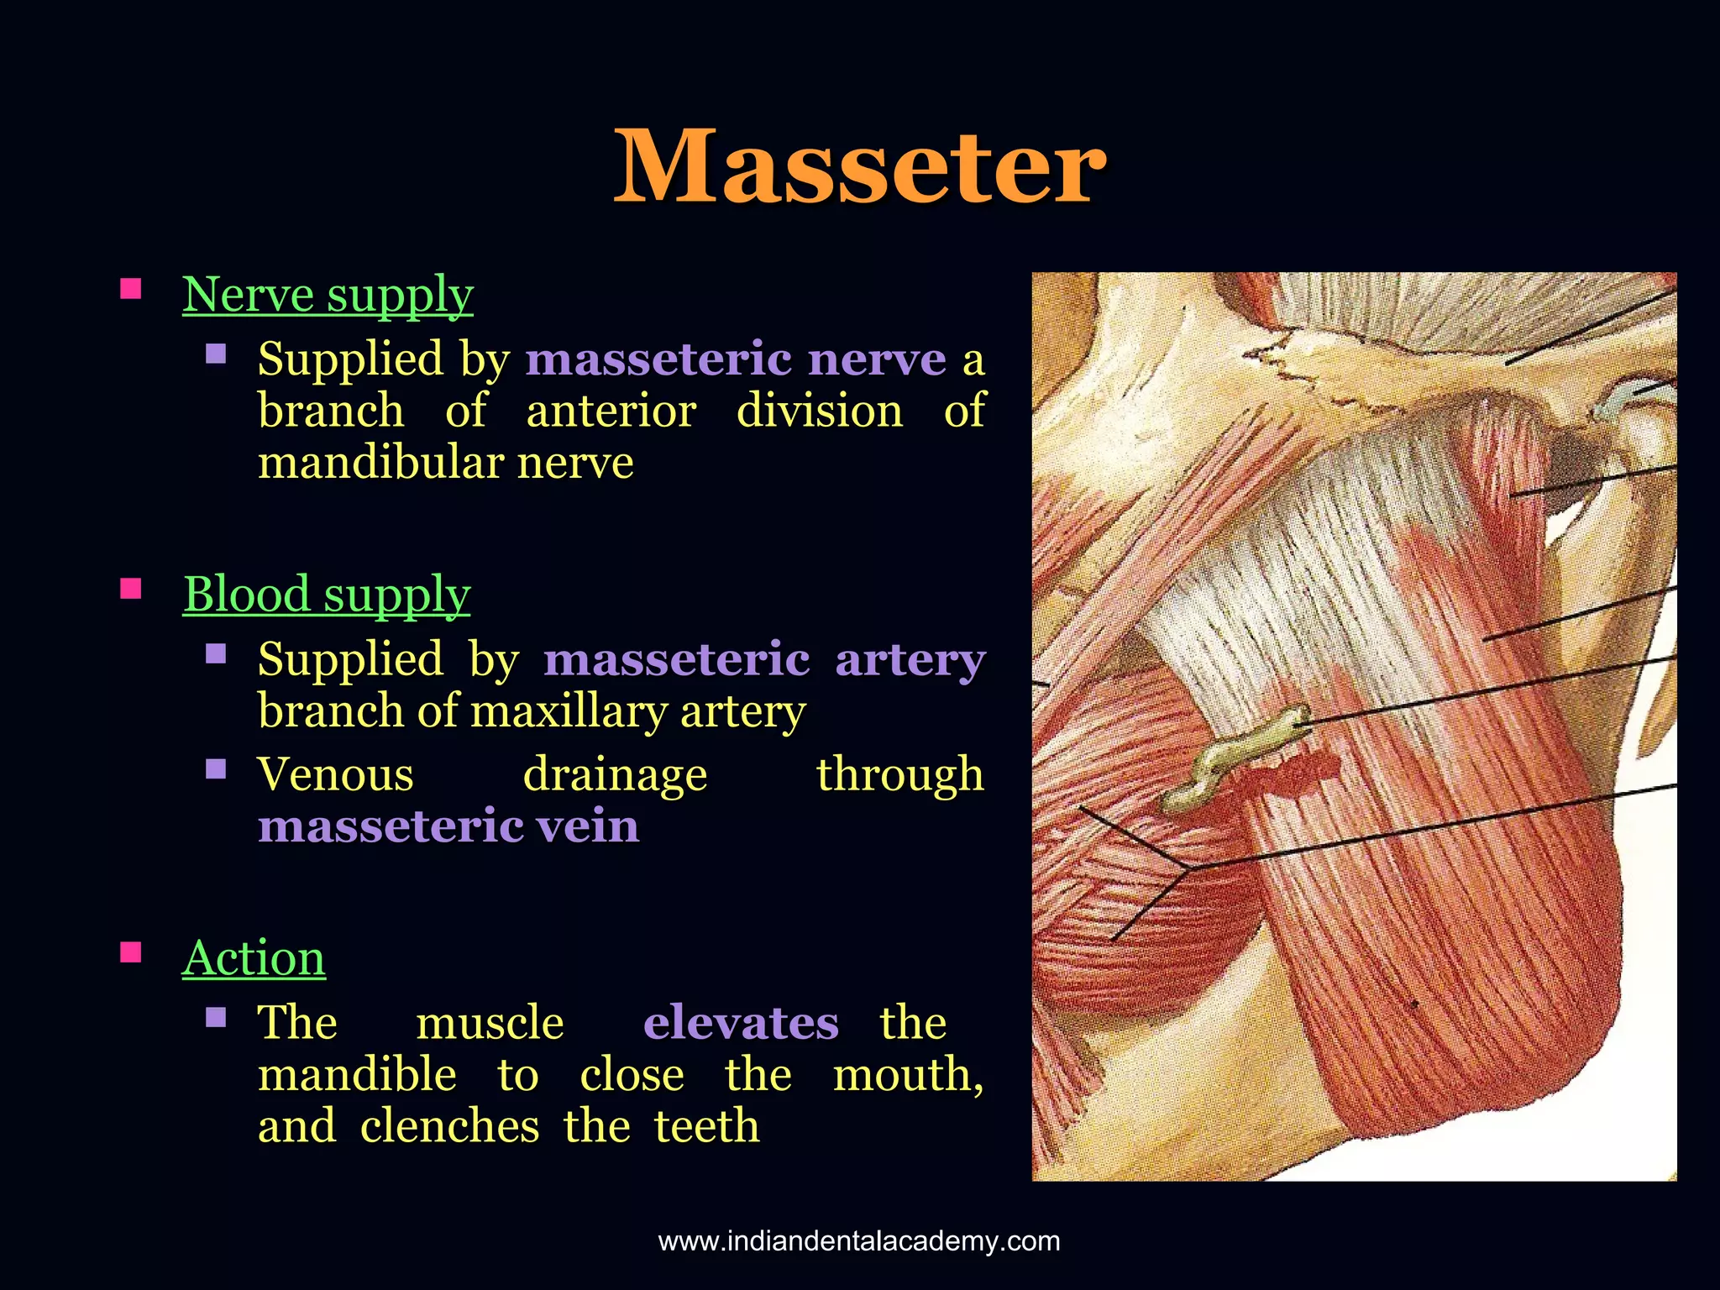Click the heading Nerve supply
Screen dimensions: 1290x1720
click(328, 295)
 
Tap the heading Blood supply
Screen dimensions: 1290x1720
click(326, 595)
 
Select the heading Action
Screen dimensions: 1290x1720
click(254, 957)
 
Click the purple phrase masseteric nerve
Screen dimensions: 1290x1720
click(736, 359)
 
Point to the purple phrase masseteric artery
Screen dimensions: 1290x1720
click(763, 659)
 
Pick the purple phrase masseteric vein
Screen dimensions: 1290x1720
click(448, 826)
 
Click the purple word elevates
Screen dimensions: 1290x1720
click(741, 1023)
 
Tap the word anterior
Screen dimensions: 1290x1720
click(611, 412)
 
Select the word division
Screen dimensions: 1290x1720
click(819, 412)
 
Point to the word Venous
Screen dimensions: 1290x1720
click(335, 774)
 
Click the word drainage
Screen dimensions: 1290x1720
click(615, 774)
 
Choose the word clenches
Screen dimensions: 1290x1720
click(449, 1127)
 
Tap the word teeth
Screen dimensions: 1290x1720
click(706, 1127)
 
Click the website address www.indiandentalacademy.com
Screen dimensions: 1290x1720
click(859, 1240)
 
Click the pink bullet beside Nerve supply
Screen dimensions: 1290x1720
click(131, 289)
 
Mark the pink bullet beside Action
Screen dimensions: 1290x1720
click(131, 952)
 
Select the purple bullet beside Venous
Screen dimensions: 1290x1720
click(216, 768)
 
